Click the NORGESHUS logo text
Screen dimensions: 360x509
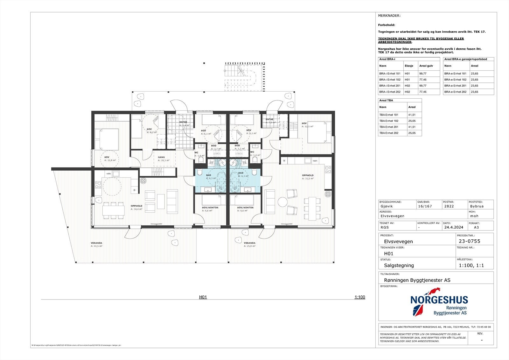click(x=439, y=300)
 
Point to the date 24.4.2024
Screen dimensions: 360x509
click(x=454, y=228)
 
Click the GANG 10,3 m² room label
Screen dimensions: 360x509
click(x=162, y=159)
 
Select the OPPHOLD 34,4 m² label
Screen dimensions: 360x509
click(x=136, y=207)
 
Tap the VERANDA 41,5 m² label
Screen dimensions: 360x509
click(x=96, y=244)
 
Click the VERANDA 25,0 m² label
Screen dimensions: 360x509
click(x=250, y=244)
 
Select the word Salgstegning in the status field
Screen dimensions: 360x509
click(x=399, y=265)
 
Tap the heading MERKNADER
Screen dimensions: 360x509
click(x=389, y=16)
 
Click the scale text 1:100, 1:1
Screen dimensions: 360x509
click(x=471, y=265)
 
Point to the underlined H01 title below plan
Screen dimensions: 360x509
click(x=203, y=297)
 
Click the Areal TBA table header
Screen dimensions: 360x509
click(x=386, y=100)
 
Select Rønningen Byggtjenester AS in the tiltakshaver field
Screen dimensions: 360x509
click(x=417, y=280)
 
